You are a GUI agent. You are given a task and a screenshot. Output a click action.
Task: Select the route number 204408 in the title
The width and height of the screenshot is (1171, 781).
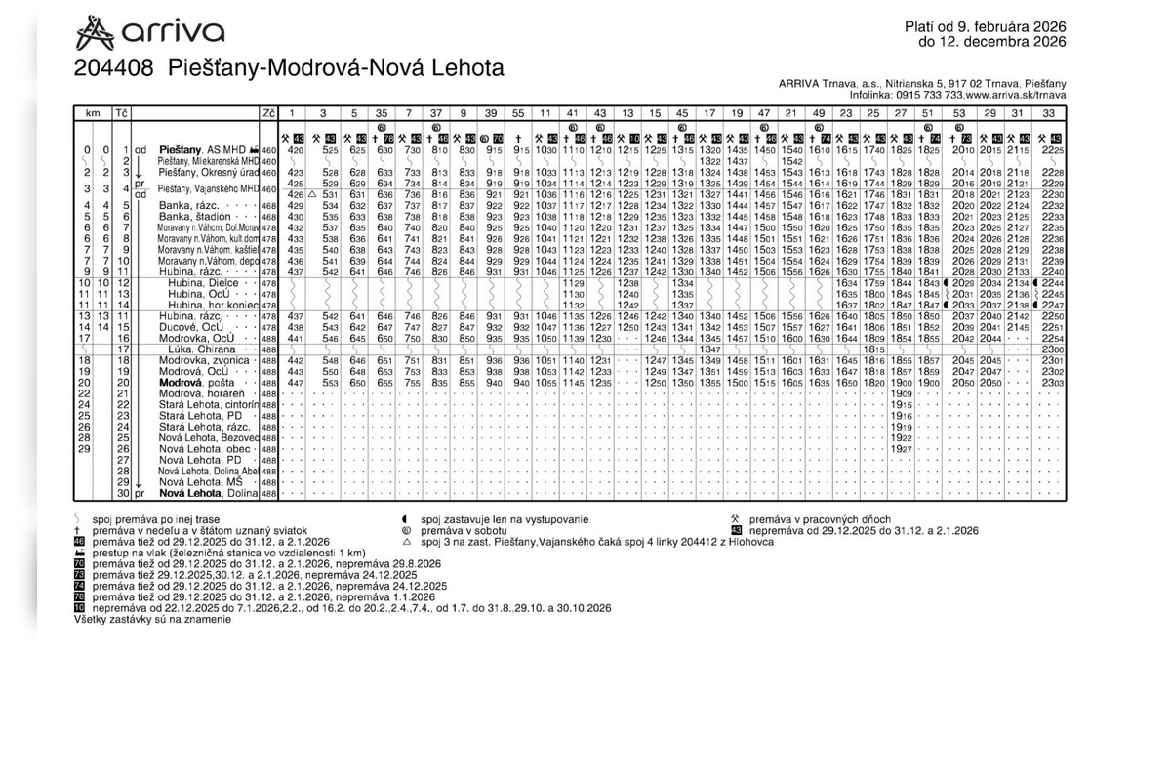[115, 69]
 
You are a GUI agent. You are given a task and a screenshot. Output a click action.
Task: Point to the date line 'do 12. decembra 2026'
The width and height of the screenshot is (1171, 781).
[991, 42]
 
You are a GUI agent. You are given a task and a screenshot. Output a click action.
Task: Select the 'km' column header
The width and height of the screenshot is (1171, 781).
[94, 113]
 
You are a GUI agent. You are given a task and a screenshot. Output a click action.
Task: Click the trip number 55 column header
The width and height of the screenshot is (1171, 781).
[518, 113]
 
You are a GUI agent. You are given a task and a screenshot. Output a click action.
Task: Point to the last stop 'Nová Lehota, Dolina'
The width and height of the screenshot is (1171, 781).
[208, 493]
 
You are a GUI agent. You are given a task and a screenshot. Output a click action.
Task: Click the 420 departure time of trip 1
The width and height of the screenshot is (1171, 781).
[296, 149]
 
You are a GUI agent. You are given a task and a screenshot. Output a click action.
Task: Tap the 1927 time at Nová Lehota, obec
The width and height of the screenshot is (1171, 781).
[900, 449]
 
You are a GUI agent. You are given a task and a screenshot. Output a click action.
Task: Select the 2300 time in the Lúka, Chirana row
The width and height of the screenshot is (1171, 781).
[1052, 349]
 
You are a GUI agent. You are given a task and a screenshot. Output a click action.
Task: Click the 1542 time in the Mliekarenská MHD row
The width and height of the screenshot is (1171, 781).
[791, 160]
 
